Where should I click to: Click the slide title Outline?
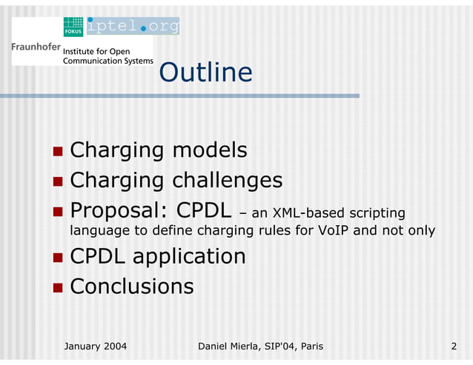[x=205, y=73]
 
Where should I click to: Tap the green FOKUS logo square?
[x=73, y=27]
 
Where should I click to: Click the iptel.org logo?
[x=133, y=27]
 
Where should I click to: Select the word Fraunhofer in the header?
[x=36, y=47]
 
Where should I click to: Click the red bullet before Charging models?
[x=58, y=152]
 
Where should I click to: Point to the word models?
[x=210, y=150]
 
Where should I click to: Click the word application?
[x=193, y=257]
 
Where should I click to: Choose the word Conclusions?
[x=132, y=287]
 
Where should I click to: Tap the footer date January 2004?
[x=96, y=346]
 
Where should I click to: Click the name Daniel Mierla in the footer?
[x=233, y=346]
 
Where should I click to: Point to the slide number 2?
[x=453, y=346]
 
